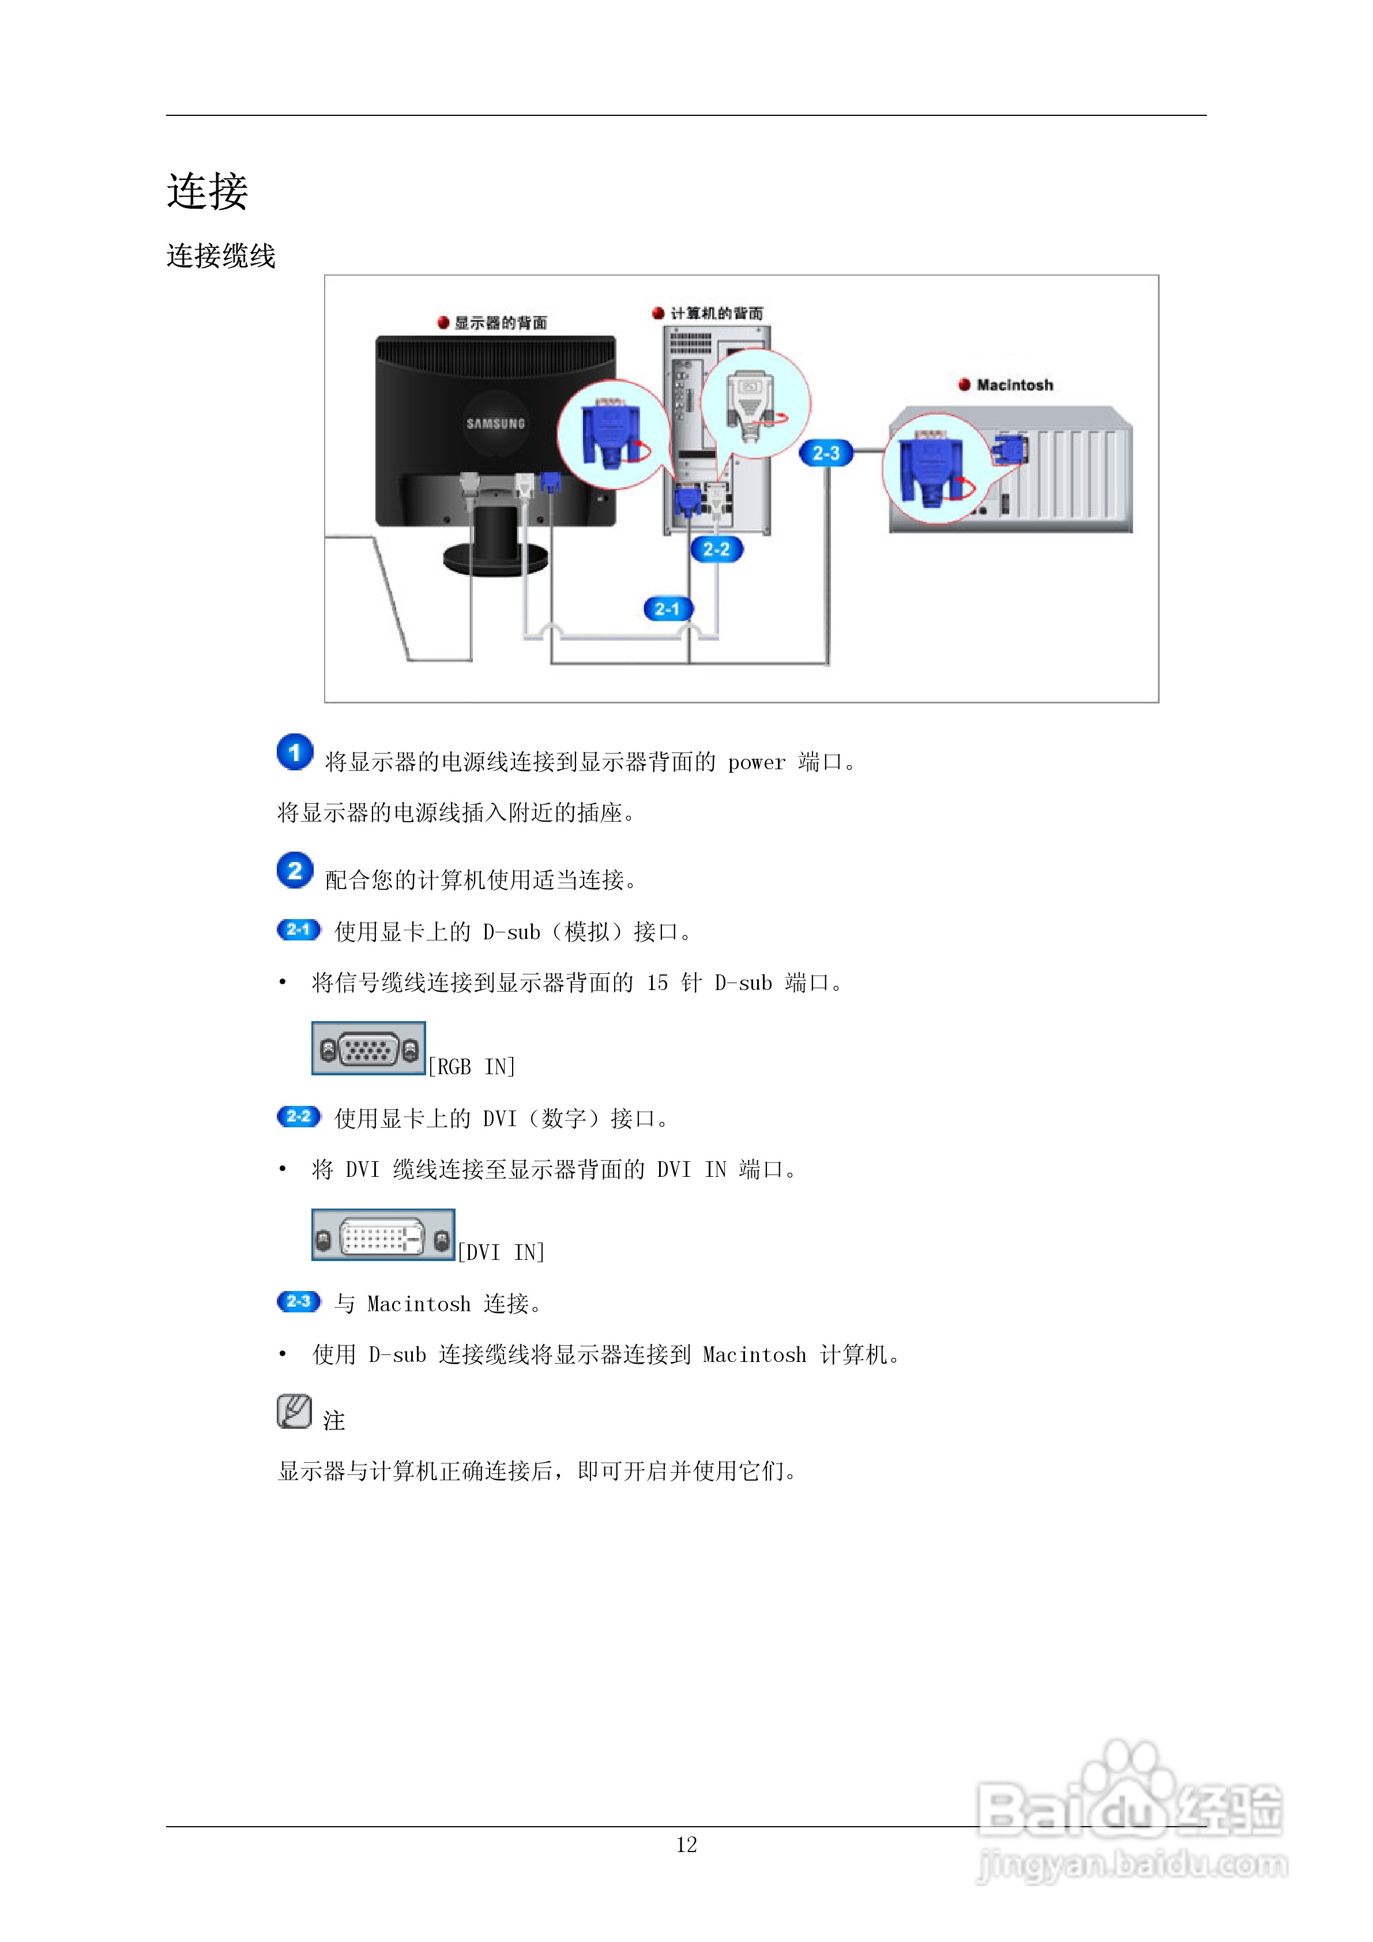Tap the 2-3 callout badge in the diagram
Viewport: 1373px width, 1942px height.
[x=826, y=453]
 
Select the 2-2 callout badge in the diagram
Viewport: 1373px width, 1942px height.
[x=717, y=550]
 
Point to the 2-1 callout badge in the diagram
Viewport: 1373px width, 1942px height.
[x=667, y=609]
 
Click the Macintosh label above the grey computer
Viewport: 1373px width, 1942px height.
[x=1014, y=385]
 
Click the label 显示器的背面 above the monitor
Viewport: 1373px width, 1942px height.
[x=500, y=323]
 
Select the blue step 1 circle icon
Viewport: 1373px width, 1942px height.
[x=295, y=752]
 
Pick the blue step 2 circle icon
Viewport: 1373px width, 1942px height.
[x=295, y=870]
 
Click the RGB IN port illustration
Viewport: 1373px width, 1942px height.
[x=368, y=1049]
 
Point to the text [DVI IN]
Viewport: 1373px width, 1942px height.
[x=501, y=1252]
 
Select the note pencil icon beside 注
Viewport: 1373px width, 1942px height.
[x=294, y=1412]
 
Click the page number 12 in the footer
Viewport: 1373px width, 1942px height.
[x=686, y=1845]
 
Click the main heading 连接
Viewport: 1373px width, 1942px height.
[x=207, y=191]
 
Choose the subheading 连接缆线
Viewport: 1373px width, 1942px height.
[x=221, y=256]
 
